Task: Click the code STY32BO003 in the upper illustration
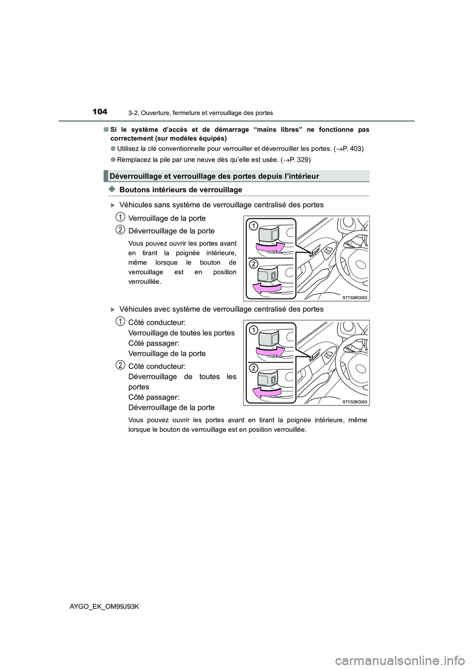tap(355, 298)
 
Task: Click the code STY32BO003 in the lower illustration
tap(355, 401)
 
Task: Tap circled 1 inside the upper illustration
tap(252, 226)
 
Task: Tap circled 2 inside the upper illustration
tap(252, 264)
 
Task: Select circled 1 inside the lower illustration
tap(252, 330)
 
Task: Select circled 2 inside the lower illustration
tap(252, 368)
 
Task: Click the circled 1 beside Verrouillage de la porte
tap(120, 217)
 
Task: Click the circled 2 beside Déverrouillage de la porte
tap(120, 229)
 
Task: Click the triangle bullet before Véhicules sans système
tap(113, 205)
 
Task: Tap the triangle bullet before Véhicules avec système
tap(113, 309)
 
